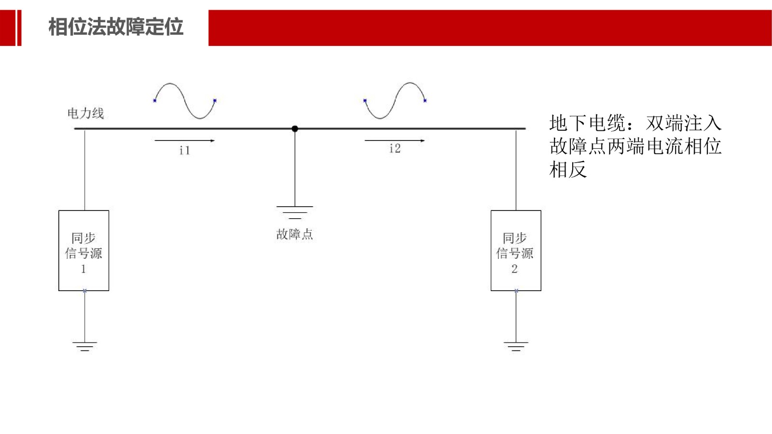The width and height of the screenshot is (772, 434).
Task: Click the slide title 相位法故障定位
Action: click(x=116, y=27)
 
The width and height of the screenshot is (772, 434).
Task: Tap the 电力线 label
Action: click(x=85, y=113)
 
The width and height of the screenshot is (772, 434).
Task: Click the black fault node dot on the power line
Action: click(x=295, y=129)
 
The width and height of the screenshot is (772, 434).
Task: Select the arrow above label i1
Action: click(x=184, y=140)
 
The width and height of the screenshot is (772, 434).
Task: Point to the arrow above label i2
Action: click(x=395, y=140)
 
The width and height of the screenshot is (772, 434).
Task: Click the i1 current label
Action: click(x=184, y=151)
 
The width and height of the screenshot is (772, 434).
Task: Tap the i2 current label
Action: click(x=395, y=149)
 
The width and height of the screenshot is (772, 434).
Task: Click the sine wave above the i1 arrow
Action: click(x=185, y=100)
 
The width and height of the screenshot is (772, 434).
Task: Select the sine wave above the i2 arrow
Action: click(x=395, y=100)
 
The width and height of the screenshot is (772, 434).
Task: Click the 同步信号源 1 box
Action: click(x=83, y=251)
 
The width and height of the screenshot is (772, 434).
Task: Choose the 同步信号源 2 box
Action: click(x=516, y=251)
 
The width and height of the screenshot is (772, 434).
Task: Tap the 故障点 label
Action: click(x=294, y=235)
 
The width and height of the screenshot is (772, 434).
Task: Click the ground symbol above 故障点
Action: click(x=295, y=212)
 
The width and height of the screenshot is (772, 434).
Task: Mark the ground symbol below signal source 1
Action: click(x=84, y=346)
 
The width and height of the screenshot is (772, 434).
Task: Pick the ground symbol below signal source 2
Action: click(x=516, y=346)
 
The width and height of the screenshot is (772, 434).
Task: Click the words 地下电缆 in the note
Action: click(x=587, y=123)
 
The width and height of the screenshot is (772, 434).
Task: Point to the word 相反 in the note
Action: click(x=568, y=170)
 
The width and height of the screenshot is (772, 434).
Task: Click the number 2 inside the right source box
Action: click(x=514, y=269)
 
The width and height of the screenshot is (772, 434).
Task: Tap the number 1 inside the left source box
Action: click(x=83, y=269)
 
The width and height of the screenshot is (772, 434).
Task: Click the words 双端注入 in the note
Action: click(x=684, y=123)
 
